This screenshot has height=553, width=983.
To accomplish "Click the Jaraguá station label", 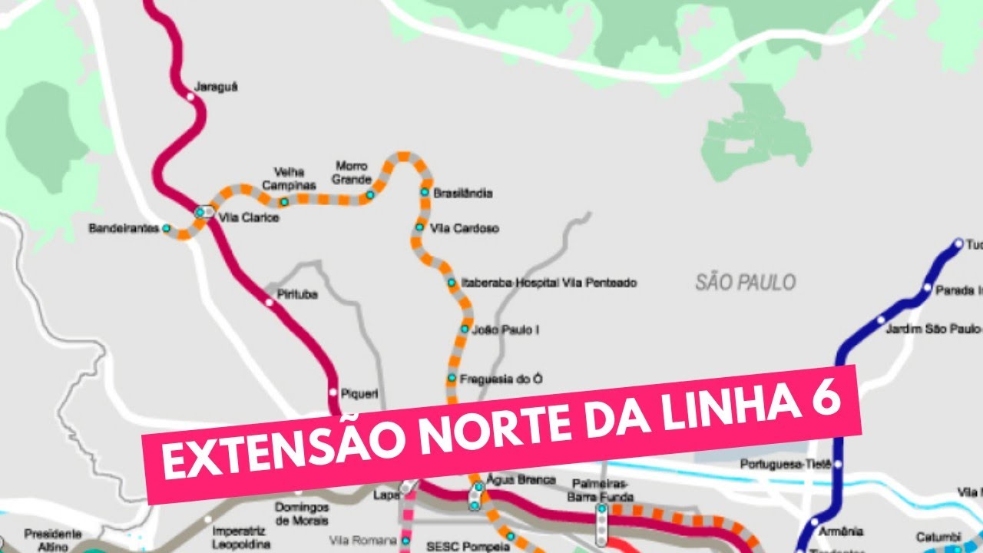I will (216, 87).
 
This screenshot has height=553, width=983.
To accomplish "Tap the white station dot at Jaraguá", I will (191, 97).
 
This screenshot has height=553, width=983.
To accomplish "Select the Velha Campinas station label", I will (289, 178).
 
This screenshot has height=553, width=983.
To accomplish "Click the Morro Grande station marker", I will (369, 195).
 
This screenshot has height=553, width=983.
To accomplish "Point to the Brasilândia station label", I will (463, 193).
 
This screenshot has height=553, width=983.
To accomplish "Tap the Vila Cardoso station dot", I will (419, 227).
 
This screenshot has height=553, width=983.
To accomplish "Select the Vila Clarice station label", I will (249, 217).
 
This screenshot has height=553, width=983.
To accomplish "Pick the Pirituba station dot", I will (269, 302).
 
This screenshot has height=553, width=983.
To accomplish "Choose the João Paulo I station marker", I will (464, 329).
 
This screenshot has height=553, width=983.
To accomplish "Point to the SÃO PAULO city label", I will (746, 283).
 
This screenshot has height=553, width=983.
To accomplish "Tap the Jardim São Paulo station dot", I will (880, 320).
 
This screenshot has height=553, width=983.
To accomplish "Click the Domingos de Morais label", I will (302, 515).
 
